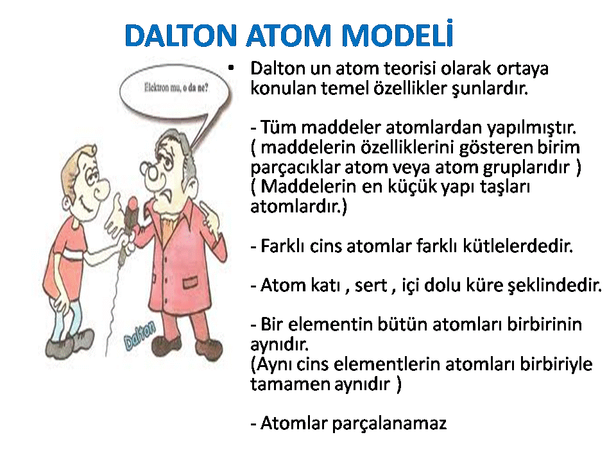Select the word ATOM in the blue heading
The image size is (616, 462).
[x=289, y=35]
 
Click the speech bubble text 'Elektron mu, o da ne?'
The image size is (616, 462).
[x=176, y=87]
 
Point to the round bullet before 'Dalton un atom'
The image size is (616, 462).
[x=231, y=69]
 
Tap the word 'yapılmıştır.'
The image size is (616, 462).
[x=531, y=128]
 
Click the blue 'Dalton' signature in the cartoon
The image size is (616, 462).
[x=140, y=335]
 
